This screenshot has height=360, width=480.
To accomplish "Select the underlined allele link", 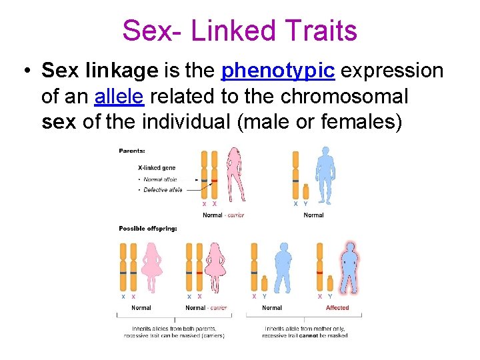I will [119, 97].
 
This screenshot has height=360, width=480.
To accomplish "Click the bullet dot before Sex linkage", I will [25, 71].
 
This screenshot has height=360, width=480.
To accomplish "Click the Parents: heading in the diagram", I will [131, 151].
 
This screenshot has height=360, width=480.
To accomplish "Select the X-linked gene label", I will [157, 168].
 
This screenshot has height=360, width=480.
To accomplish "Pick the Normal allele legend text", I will [161, 179].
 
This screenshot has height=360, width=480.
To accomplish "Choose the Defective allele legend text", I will [163, 190].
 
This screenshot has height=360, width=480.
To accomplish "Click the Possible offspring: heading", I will [148, 229].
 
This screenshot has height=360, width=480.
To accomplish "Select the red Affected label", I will [337, 307].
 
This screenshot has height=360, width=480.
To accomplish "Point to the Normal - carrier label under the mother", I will [224, 215].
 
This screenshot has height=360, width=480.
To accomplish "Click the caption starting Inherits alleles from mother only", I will [305, 332].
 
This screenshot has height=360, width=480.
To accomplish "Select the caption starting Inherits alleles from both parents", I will [174, 332].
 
